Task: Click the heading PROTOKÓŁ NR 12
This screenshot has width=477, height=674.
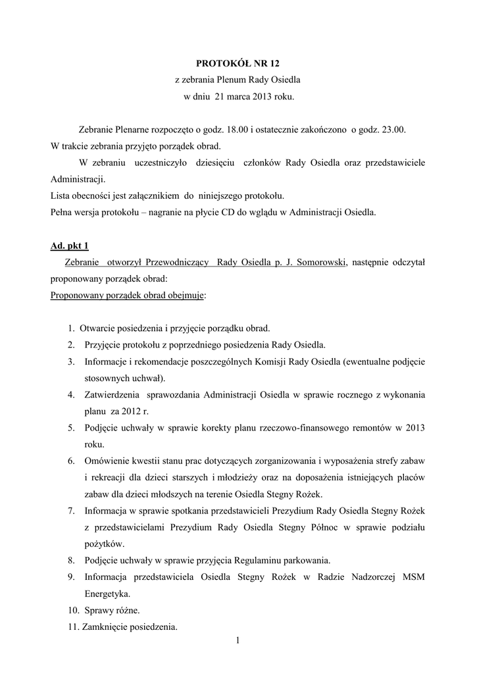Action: [x=238, y=63]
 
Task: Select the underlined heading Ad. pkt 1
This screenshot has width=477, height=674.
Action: [x=70, y=246]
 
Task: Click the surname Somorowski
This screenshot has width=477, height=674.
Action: [x=317, y=263]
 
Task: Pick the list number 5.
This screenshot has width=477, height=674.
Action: [x=70, y=428]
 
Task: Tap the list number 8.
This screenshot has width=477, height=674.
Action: [x=70, y=560]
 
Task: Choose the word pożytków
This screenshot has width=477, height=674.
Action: [x=104, y=544]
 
